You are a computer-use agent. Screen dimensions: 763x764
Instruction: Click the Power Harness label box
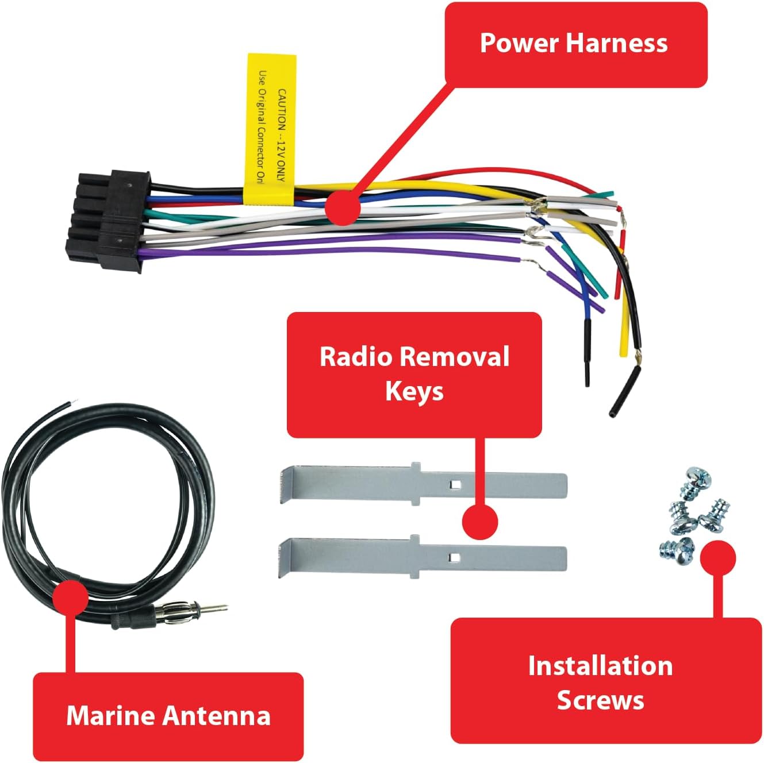(575, 45)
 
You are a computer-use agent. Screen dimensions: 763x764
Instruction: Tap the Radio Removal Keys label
(414, 374)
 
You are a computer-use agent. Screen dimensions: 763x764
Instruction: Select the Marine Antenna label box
(168, 716)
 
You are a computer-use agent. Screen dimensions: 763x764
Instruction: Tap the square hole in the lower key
(454, 557)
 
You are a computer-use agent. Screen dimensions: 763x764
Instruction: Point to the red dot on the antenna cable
(70, 598)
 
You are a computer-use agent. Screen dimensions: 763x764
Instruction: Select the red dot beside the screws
(717, 557)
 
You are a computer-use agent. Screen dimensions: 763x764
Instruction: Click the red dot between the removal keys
(480, 522)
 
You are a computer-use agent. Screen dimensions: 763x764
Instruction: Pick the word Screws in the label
(600, 700)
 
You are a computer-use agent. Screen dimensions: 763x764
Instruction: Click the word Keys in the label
(414, 392)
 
